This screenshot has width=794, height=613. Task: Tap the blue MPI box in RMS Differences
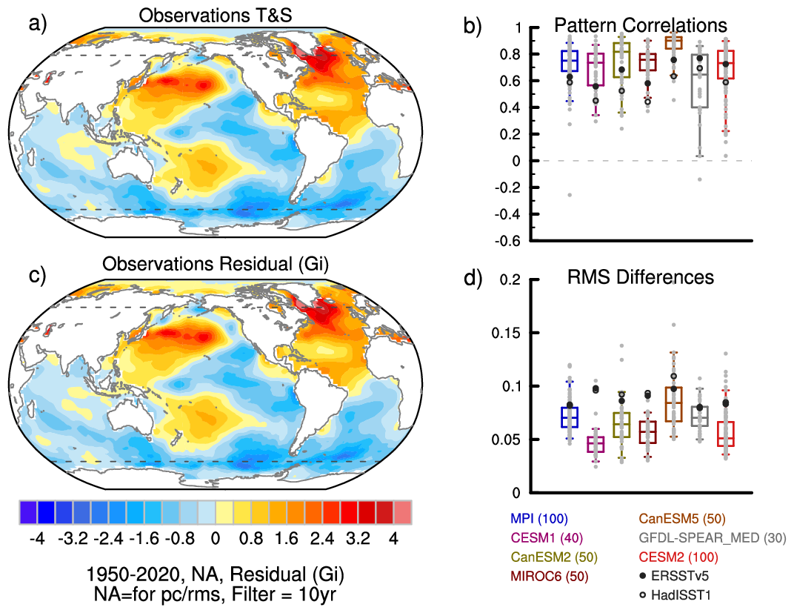point(569,417)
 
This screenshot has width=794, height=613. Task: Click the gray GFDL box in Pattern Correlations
point(699,81)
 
